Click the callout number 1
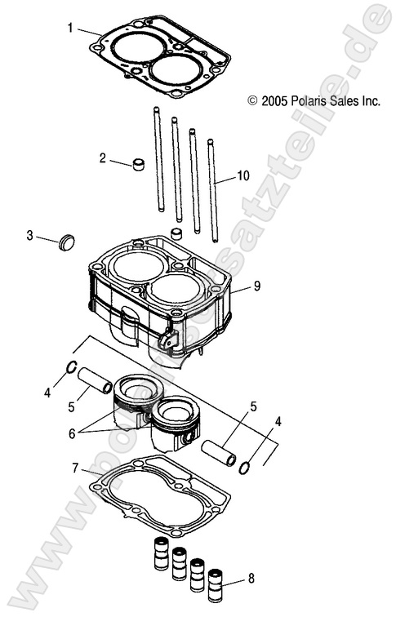(x=70, y=28)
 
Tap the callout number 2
(x=103, y=158)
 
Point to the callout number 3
(x=30, y=236)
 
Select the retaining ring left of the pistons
(x=71, y=367)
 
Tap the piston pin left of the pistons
(x=95, y=380)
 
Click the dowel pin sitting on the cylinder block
(x=174, y=235)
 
